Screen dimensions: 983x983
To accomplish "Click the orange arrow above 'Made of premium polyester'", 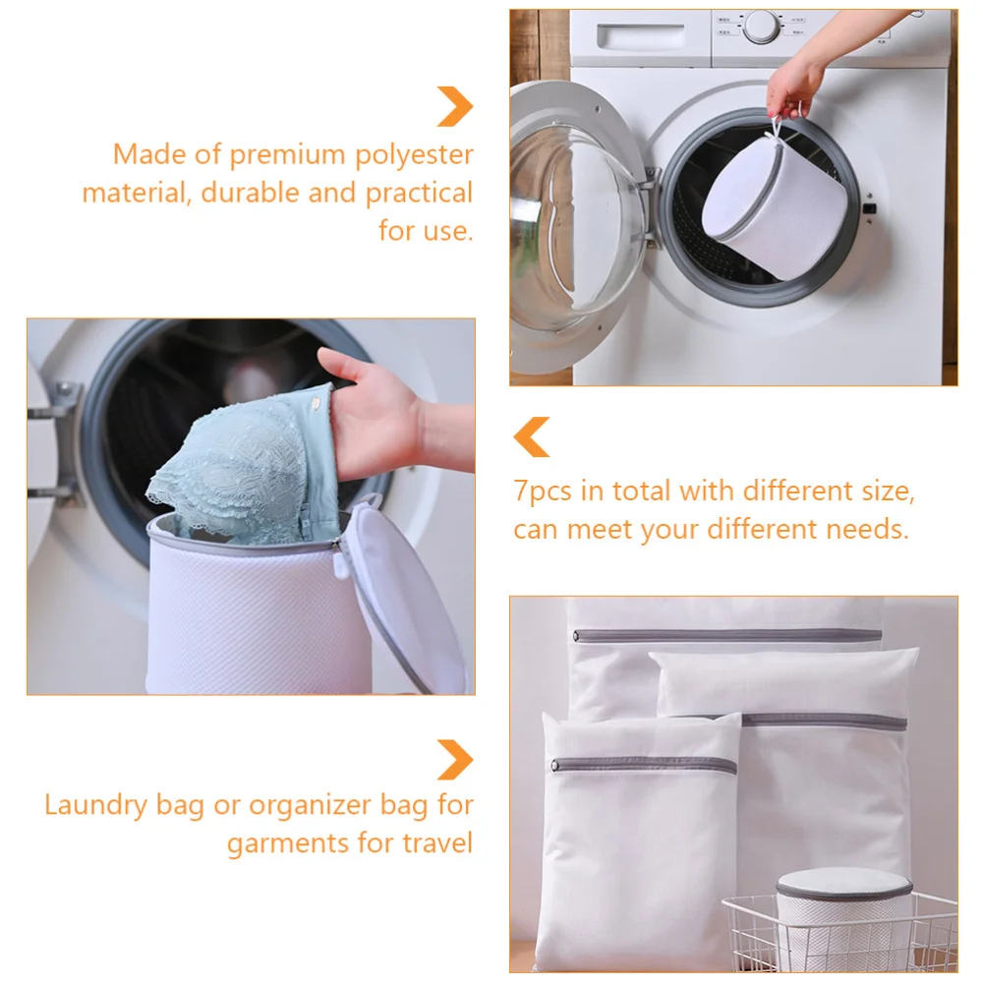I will pos(455,106).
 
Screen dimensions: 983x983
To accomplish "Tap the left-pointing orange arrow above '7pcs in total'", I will pos(532,436).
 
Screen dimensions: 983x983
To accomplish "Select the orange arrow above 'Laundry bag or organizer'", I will pos(455,759).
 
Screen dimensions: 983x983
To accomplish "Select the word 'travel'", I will pos(437,842).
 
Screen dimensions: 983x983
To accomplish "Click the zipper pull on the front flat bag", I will pos(557,764).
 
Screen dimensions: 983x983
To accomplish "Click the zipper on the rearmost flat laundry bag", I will pos(727,634).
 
